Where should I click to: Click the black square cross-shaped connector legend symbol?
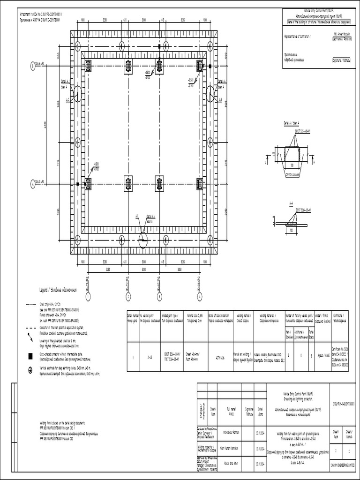tap(30, 356)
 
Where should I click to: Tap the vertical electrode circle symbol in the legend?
tap(30, 369)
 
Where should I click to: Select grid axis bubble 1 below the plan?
tap(88, 296)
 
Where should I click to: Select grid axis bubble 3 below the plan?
tap(160, 296)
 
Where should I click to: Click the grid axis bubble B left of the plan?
tap(32, 66)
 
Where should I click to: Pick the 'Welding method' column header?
tap(244, 318)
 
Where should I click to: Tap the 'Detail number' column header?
tap(133, 318)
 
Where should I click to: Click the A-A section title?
tap(291, 203)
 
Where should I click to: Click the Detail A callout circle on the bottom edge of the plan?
tap(142, 240)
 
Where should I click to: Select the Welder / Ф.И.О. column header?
tap(321, 318)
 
